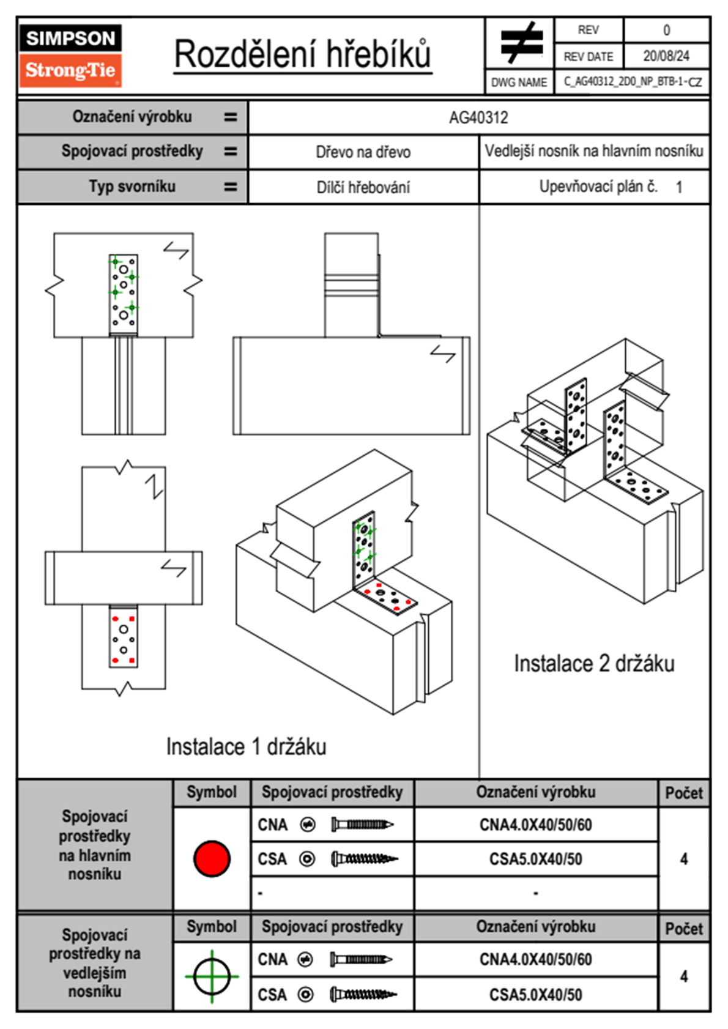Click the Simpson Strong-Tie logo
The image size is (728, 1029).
point(70,56)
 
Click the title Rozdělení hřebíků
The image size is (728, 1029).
point(303,54)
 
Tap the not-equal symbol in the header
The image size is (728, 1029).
point(521,43)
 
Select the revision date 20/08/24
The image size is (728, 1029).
point(666,56)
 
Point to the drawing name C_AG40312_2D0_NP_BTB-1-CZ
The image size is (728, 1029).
point(633,81)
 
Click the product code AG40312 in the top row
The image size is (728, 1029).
point(478,117)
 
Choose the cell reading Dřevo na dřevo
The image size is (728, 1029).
point(363,152)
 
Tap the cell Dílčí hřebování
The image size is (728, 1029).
point(363,187)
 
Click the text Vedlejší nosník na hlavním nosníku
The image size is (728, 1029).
point(594,151)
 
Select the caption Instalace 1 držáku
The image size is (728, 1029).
point(246,747)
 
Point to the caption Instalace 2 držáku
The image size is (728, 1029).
point(594,664)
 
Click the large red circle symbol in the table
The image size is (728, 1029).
point(212,858)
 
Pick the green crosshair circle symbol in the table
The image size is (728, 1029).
point(212,976)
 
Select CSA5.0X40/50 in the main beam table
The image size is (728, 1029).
point(535,859)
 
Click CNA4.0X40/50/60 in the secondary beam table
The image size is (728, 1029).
point(535,959)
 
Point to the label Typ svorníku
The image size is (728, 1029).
point(132,187)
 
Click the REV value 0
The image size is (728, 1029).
point(666,30)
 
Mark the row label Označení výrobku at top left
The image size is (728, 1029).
point(132,117)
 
